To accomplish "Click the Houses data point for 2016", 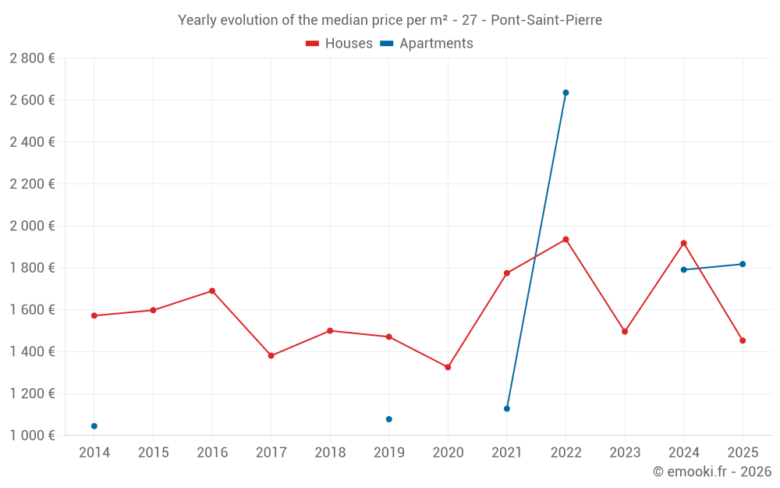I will click(212, 291).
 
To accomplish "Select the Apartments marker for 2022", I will click(565, 93).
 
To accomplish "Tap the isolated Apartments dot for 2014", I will click(94, 426).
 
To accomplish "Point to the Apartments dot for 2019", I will click(389, 419).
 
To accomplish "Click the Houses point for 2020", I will click(448, 367).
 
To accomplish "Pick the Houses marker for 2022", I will click(565, 239).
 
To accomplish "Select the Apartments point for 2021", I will click(507, 408).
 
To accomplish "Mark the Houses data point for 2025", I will click(743, 340).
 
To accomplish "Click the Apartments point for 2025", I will click(743, 264).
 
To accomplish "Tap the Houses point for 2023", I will click(625, 332).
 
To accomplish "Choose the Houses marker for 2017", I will click(271, 356).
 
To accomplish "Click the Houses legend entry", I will click(339, 44).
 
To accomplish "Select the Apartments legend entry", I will click(427, 44).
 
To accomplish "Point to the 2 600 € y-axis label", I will click(32, 100).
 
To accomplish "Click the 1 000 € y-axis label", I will click(32, 436).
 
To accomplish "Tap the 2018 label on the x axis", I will click(330, 453).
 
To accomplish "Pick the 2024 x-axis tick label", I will click(684, 453).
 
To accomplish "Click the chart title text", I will click(390, 20).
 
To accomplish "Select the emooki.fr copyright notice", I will click(712, 472).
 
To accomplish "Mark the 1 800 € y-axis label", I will click(32, 268).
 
